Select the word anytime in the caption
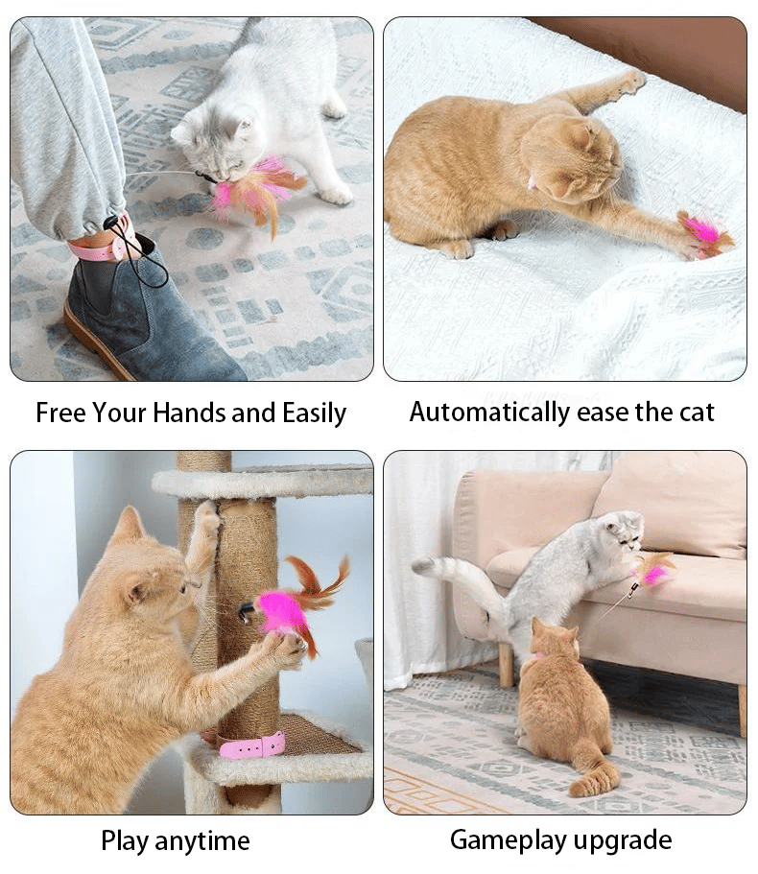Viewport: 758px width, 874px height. (x=201, y=841)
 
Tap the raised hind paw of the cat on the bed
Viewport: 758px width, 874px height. (x=630, y=83)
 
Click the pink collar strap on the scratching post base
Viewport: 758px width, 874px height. (x=251, y=745)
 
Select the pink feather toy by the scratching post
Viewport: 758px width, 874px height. (x=288, y=604)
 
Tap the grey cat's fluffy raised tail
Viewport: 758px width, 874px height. (x=451, y=576)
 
